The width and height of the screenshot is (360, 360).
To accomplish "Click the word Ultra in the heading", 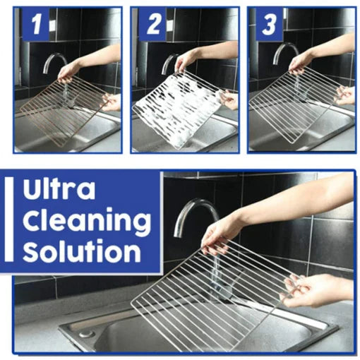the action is [59, 190].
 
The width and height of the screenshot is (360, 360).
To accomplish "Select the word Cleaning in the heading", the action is [87, 220].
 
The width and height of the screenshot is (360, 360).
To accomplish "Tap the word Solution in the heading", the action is [81, 251].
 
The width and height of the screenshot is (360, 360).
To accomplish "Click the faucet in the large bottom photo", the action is [196, 217].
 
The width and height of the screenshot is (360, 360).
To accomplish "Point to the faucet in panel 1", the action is [54, 63].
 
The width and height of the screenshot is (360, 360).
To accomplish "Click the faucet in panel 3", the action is [285, 53].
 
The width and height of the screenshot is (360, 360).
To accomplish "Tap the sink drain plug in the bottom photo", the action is [86, 334].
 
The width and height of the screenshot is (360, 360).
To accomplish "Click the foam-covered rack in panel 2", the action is [178, 109].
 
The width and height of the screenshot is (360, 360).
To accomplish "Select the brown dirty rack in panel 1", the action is [65, 111].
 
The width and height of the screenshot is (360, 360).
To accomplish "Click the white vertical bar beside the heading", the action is [8, 220].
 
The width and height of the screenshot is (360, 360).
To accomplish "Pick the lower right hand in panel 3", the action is [345, 96].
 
